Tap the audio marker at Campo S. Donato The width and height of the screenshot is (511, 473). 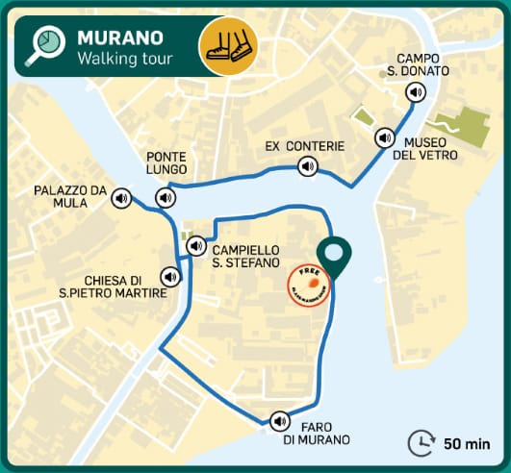[x=415, y=92]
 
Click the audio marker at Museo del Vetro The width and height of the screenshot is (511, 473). [x=385, y=138]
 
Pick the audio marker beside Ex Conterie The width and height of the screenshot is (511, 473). [x=307, y=167]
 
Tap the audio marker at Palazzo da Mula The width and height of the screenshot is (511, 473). [x=121, y=198]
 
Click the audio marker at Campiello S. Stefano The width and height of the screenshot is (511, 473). [x=195, y=245]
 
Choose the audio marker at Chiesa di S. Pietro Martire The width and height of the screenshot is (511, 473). [x=171, y=277]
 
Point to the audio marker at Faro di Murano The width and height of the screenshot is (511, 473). [x=280, y=421]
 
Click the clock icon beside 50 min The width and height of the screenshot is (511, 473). [x=421, y=443]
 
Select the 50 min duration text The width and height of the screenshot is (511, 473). [x=466, y=444]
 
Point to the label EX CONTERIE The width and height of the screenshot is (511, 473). [x=304, y=146]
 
